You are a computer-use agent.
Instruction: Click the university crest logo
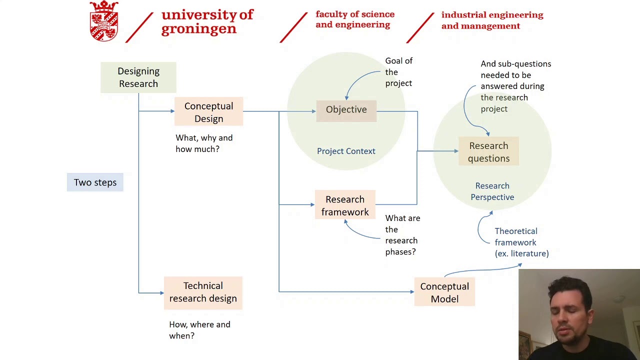point(104,21)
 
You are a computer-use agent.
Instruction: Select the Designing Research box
point(138,77)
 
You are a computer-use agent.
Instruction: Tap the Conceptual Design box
point(208,112)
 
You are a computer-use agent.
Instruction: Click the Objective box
point(346,109)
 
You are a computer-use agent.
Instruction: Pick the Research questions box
point(488,152)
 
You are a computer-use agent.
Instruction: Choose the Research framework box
point(345,205)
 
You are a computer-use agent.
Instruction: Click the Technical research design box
point(203,292)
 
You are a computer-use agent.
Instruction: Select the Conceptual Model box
point(444,292)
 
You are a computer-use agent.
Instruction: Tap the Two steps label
point(95,182)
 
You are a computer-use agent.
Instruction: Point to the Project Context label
point(346,151)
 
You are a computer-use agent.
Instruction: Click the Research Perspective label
point(492,191)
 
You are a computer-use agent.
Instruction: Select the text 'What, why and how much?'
point(204,143)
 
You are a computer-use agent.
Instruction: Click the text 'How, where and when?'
point(199,330)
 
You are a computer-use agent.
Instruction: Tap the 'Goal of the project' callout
point(398,72)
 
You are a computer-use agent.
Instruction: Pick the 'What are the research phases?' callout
point(402,235)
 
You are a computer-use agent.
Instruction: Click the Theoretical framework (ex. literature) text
point(521,242)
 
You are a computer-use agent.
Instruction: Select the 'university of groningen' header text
point(207,21)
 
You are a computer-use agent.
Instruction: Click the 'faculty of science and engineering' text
point(355,19)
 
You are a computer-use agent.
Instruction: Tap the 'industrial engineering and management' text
point(492,20)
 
